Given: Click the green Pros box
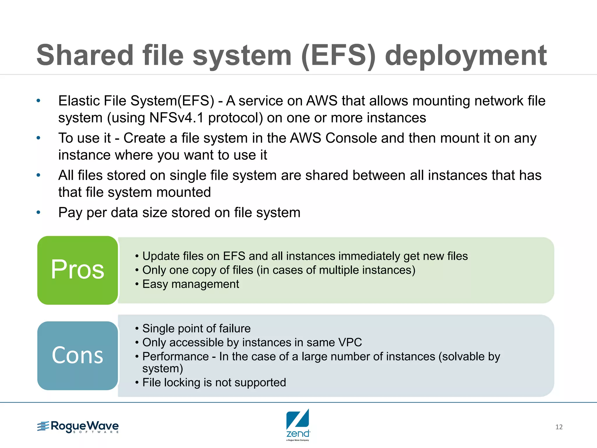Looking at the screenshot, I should pos(78,270).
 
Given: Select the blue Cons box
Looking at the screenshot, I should pos(78,356).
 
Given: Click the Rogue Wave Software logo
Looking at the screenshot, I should pos(78,427).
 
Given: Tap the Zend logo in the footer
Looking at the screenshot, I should pos(298,424).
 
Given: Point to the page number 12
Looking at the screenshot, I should pos(559,427).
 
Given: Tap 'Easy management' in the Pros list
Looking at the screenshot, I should pos(191,284).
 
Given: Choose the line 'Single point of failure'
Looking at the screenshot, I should pos(196,328).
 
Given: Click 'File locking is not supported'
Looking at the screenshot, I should pos(214,382).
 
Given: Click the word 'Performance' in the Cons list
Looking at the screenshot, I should pos(175,356).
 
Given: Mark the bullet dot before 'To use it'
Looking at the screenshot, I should pos(38,138).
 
